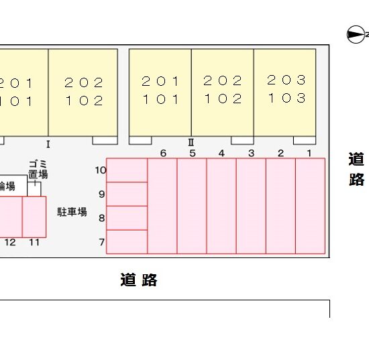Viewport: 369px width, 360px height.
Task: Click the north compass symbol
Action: (x=356, y=35)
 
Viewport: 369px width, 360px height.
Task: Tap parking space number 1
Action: (x=310, y=206)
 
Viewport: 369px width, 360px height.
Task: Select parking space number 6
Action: (x=162, y=206)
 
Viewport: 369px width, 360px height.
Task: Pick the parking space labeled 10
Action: (x=127, y=170)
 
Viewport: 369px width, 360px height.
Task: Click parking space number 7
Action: (x=127, y=242)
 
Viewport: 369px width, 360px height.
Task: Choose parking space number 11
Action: (x=34, y=217)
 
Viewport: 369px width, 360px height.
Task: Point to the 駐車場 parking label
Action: (x=72, y=212)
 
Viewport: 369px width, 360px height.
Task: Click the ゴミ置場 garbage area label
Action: (x=38, y=170)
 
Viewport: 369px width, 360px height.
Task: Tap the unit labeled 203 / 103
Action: (x=284, y=93)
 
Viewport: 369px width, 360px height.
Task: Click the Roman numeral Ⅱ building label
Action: (x=191, y=143)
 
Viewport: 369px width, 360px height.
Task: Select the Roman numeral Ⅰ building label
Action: (x=48, y=144)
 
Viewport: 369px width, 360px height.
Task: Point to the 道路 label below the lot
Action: (x=139, y=280)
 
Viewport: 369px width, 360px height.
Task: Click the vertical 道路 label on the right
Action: (x=356, y=169)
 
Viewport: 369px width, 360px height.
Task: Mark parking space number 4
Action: (x=221, y=206)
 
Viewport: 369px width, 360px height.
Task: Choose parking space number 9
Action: (x=127, y=194)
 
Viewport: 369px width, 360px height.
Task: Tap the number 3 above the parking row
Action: (x=252, y=154)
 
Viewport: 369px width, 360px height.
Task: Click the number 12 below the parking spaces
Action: (x=10, y=242)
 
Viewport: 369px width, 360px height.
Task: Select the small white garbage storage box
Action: (x=34, y=189)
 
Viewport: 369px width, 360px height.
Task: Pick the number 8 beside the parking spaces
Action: (x=102, y=218)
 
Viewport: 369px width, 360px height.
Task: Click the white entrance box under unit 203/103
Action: (x=305, y=140)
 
